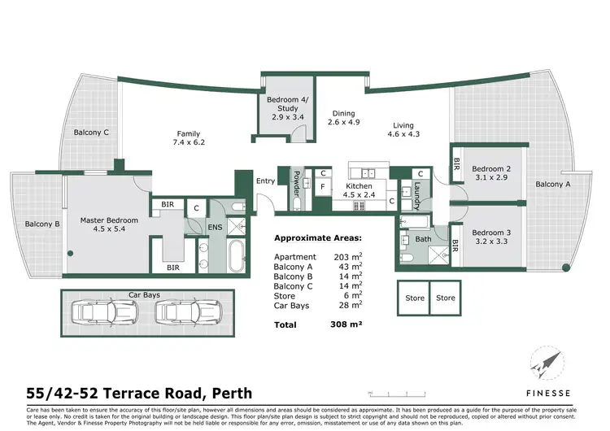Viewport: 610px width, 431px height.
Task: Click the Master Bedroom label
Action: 109,220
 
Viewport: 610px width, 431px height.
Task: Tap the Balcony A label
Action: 552,185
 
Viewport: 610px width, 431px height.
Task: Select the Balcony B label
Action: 42,224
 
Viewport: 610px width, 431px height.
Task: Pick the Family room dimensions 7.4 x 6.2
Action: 189,142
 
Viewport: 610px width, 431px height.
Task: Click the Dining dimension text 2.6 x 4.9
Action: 343,123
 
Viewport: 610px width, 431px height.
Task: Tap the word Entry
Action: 265,181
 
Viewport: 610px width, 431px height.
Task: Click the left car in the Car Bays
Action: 96,312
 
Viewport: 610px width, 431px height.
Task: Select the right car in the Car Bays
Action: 177,312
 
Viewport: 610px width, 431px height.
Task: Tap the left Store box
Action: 415,298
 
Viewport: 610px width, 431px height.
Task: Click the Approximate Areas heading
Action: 319,239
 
